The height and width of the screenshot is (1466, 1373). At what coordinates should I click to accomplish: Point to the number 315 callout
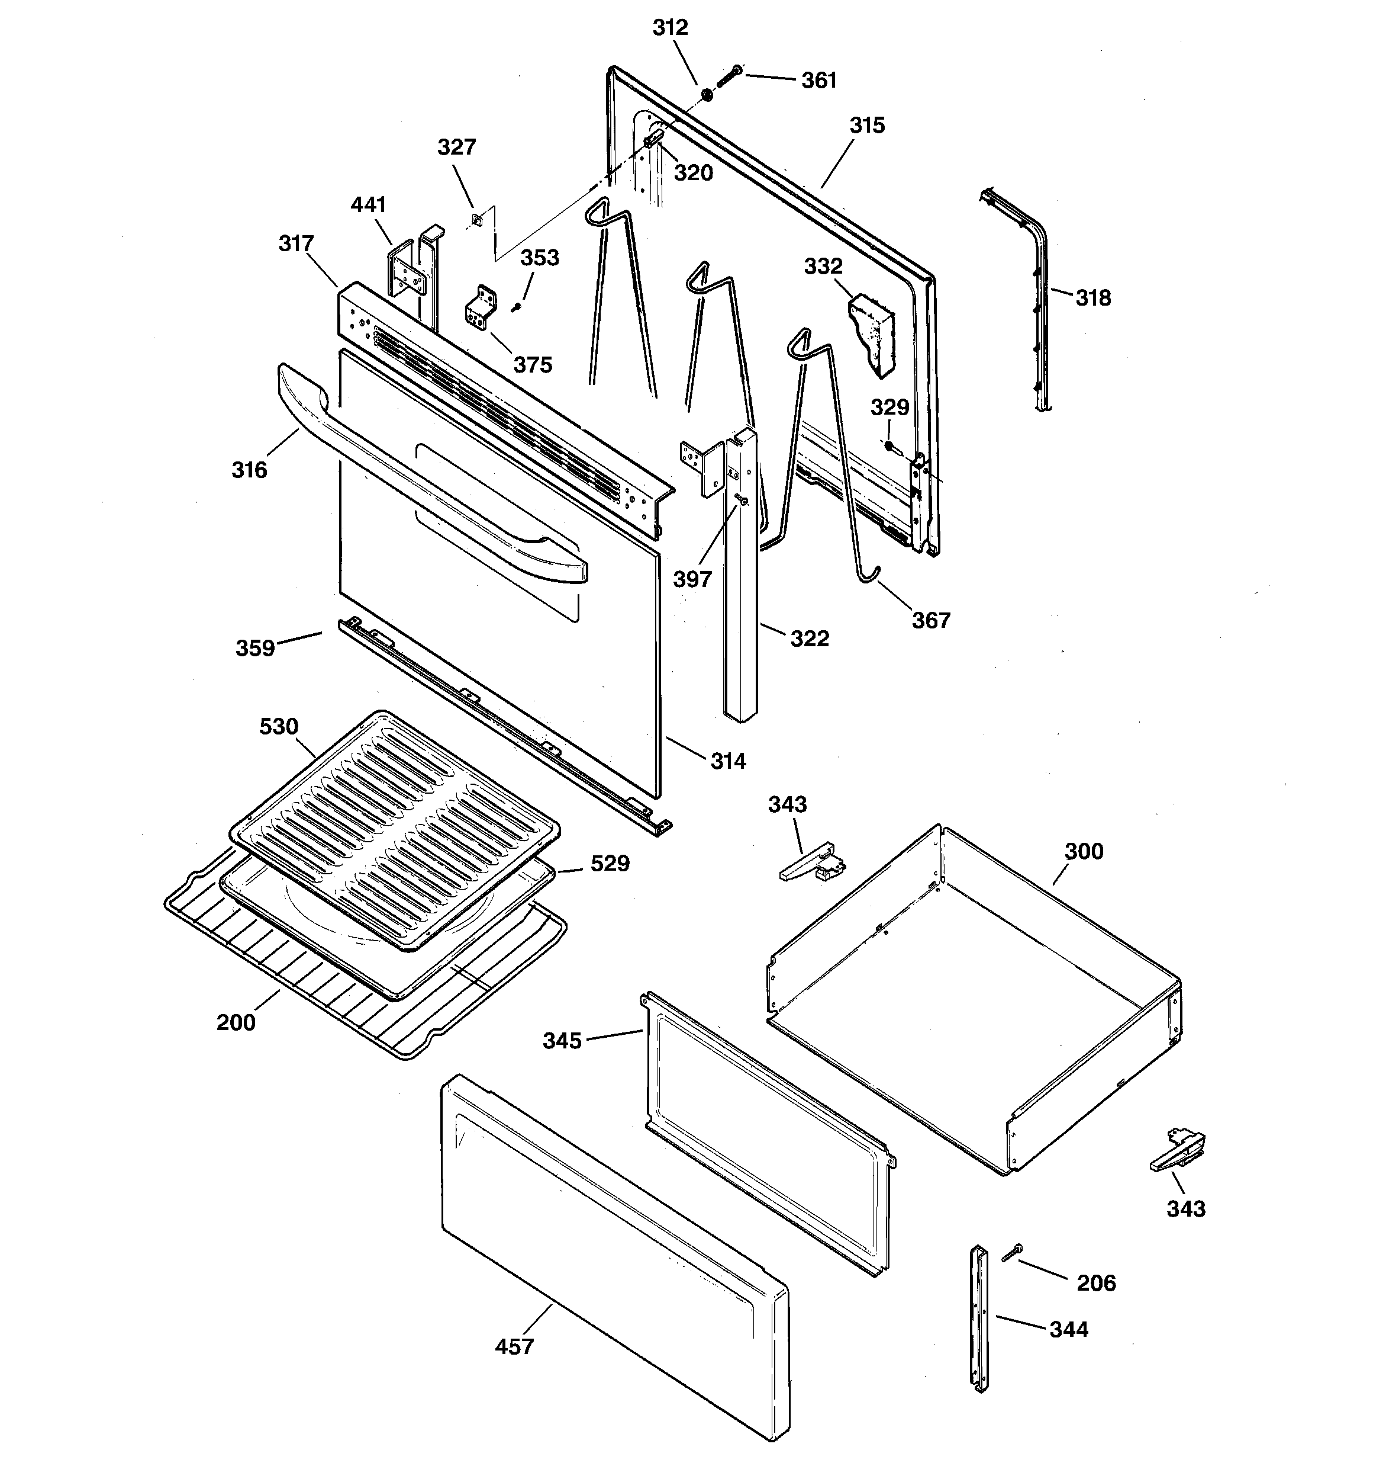[866, 126]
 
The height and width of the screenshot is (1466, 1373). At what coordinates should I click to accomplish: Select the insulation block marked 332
[872, 332]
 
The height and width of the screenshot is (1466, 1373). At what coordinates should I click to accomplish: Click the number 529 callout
[610, 863]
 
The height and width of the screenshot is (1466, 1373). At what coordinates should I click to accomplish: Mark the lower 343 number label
[1186, 1209]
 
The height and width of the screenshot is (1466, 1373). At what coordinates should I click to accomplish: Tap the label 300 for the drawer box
[1084, 851]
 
